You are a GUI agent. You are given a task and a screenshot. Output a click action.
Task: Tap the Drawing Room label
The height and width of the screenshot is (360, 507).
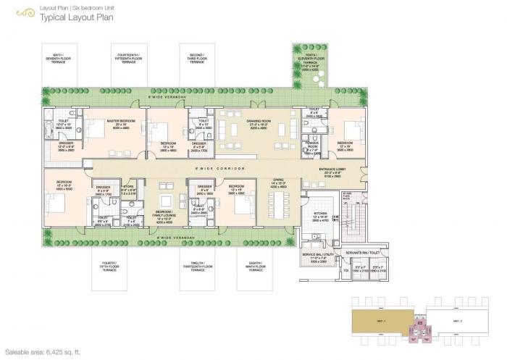coord(259,122)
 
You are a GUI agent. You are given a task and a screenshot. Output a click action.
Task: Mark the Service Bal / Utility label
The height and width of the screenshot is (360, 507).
coord(318,256)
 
